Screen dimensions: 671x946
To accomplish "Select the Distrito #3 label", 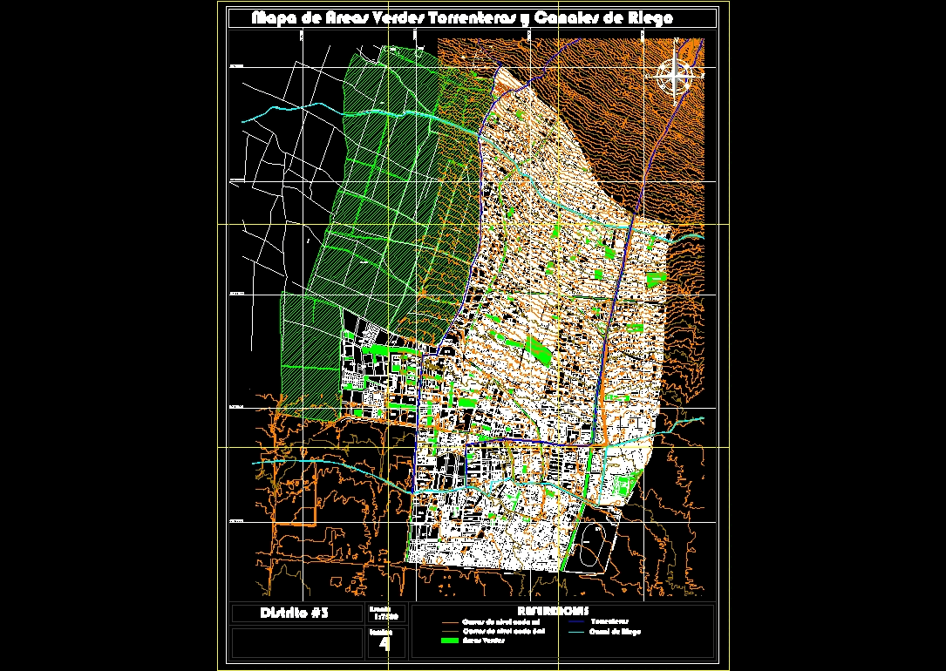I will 295,613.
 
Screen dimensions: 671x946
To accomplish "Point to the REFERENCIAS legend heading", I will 553,610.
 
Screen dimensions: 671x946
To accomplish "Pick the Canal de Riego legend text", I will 615,631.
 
